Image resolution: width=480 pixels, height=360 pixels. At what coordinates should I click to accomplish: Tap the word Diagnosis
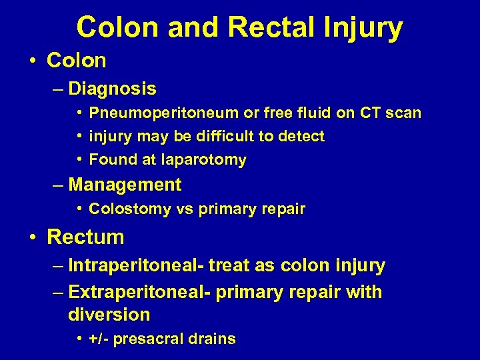(x=112, y=89)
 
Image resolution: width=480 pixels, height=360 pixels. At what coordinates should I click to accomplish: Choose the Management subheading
(x=125, y=185)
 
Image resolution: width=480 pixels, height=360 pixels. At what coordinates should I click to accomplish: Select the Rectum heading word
(x=85, y=237)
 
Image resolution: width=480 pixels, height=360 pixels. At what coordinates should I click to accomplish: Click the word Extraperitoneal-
(x=141, y=292)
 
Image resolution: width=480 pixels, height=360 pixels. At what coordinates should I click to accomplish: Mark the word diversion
(x=109, y=315)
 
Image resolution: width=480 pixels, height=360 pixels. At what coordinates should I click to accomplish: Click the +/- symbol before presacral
(x=99, y=339)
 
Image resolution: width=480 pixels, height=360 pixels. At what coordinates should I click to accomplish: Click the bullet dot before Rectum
(x=33, y=237)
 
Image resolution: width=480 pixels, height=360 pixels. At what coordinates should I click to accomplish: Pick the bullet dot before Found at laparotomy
(x=79, y=160)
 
